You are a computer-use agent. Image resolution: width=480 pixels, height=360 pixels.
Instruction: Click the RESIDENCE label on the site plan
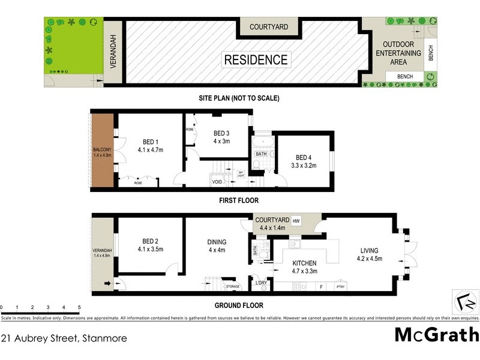[256, 59]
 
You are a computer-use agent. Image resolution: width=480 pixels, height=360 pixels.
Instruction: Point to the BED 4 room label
[303, 158]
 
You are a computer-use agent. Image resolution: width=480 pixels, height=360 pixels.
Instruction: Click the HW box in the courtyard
[296, 221]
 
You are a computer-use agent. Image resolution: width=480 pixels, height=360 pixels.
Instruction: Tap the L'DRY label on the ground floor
[260, 283]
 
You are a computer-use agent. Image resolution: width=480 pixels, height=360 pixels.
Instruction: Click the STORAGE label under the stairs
[233, 287]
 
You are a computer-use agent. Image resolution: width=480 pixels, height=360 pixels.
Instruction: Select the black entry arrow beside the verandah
[109, 283]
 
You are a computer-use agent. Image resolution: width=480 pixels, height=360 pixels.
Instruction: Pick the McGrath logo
[437, 335]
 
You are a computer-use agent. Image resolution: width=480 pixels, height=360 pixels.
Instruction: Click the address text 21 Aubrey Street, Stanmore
[64, 338]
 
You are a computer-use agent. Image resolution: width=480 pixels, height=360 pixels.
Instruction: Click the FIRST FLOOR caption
[238, 200]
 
